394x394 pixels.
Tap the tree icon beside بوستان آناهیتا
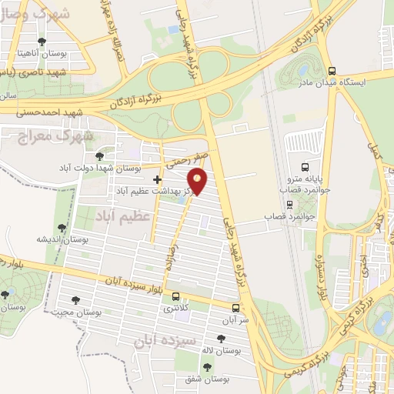[x=42, y=42]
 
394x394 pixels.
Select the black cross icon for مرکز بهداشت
[x=157, y=179]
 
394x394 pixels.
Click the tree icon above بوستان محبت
[x=76, y=299]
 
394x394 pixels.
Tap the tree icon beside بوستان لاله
[x=222, y=339]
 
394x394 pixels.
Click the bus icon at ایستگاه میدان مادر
[x=332, y=68]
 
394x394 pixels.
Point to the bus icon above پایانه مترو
[x=306, y=166]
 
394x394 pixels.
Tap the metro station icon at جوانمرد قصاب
[x=289, y=205]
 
